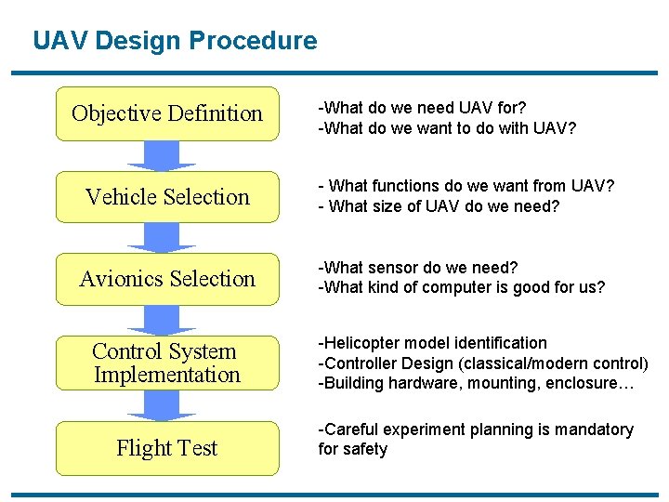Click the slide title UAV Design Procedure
175,41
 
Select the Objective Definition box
167,113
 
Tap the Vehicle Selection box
167,197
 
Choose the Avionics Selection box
167,279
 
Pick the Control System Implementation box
167,363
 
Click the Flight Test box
167,448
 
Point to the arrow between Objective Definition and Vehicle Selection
162,156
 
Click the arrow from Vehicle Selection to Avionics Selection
162,238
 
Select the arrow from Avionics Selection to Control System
162,321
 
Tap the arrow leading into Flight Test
162,405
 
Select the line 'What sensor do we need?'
417,268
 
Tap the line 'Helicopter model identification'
433,343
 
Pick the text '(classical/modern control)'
556,363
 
